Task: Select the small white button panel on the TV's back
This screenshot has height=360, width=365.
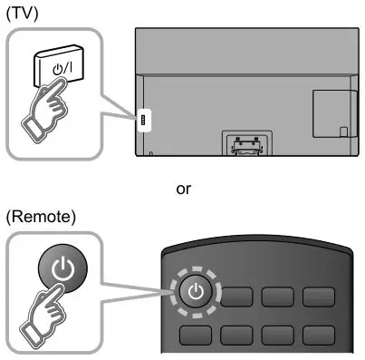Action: (140, 121)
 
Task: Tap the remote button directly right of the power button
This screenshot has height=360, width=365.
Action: (237, 296)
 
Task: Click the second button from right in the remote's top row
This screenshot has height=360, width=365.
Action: (278, 296)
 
